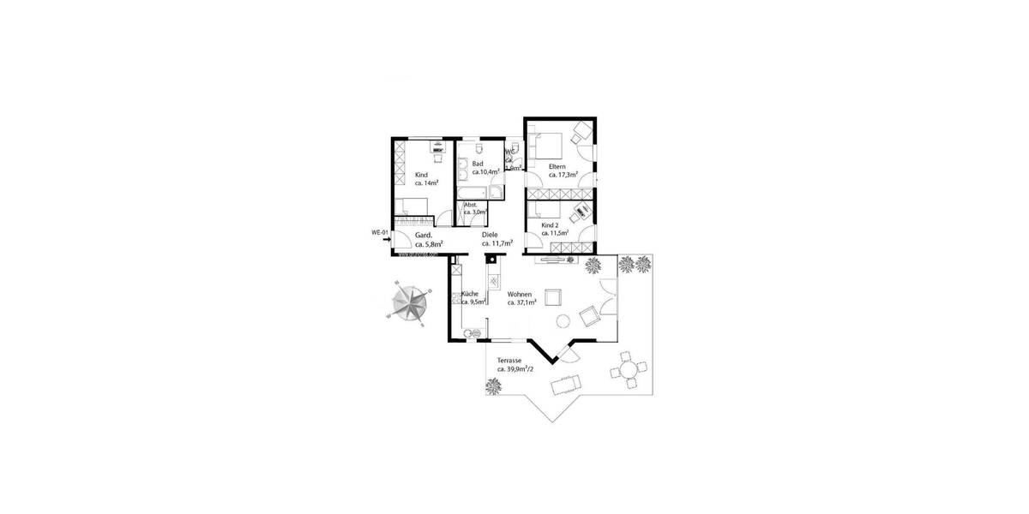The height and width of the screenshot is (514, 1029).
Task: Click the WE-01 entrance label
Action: pos(380,233)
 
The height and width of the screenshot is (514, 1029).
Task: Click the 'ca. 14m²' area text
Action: pos(427,183)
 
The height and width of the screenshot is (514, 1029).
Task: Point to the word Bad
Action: pos(478,164)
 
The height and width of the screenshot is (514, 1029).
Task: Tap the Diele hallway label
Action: pos(490,234)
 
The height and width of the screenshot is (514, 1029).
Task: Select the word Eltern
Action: pos(557,165)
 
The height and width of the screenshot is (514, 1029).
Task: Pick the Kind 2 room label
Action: pos(550,224)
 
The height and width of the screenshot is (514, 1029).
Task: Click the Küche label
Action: pos(470,294)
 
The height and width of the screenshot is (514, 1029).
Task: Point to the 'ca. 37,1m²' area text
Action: pos(521,302)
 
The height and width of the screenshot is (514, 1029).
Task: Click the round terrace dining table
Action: pos(630,369)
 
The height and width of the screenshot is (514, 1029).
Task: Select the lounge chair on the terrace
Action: pos(567,382)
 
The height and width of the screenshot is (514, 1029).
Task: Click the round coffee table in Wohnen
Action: pos(563,321)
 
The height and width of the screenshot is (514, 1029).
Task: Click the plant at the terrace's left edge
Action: pos(493,386)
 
